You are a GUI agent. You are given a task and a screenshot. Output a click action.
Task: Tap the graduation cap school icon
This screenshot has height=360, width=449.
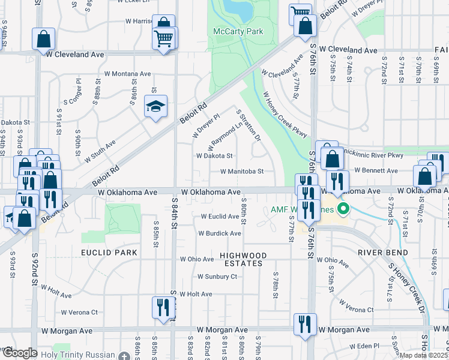[156, 106]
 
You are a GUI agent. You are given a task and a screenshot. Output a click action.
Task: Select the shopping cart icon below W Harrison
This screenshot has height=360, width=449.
[164, 38]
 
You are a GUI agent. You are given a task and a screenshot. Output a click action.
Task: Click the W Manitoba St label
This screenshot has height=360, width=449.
[242, 172]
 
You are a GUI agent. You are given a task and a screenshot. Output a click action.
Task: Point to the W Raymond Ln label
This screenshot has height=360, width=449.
[228, 134]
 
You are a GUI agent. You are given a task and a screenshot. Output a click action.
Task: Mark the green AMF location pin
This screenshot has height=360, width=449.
[343, 209]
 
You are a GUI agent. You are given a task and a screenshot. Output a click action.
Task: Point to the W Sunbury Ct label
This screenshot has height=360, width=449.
[217, 277]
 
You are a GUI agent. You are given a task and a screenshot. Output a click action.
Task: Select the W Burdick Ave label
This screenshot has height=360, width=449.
[220, 233]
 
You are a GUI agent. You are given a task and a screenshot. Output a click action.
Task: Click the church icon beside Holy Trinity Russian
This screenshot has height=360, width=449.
[124, 356]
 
